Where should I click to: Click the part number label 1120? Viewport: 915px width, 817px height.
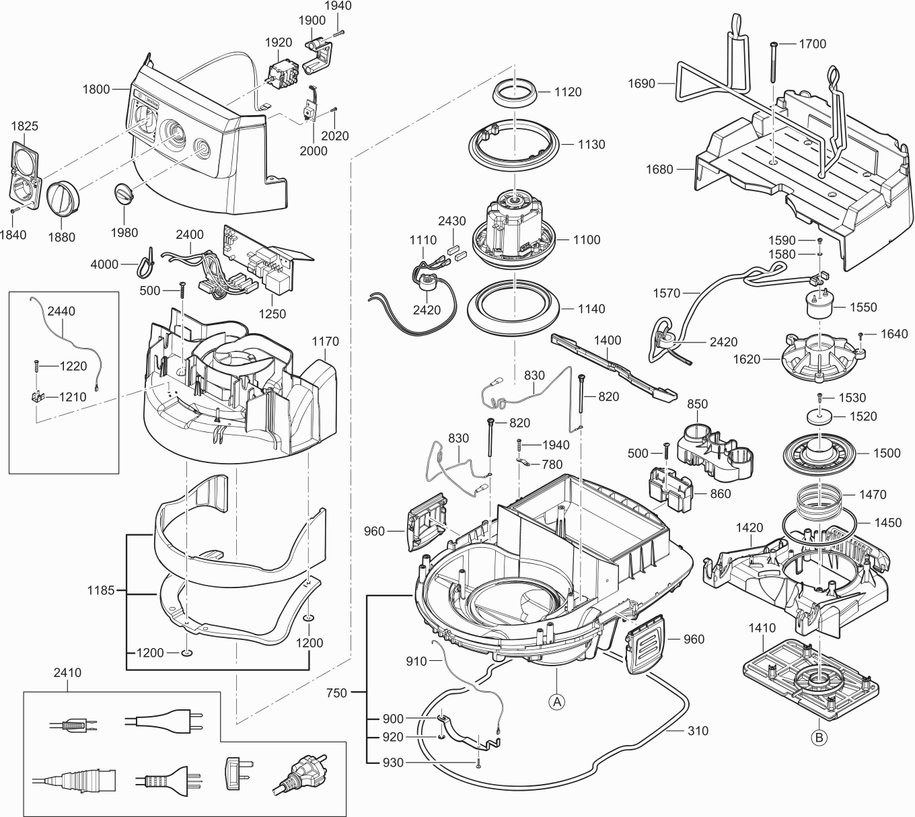pyautogui.click(x=568, y=92)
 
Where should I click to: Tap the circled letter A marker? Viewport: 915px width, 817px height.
pyautogui.click(x=556, y=701)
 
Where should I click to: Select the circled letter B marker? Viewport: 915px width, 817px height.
pyautogui.click(x=818, y=738)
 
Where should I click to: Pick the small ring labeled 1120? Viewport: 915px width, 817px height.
pyautogui.click(x=515, y=92)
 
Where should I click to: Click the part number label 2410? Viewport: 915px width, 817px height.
pyautogui.click(x=67, y=672)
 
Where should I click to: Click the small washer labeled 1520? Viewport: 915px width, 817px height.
pyautogui.click(x=820, y=417)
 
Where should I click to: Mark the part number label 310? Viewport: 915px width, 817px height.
pyautogui.click(x=698, y=730)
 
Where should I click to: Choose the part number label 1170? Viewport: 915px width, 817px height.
pyautogui.click(x=325, y=342)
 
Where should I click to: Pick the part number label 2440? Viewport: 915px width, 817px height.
pyautogui.click(x=61, y=311)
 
